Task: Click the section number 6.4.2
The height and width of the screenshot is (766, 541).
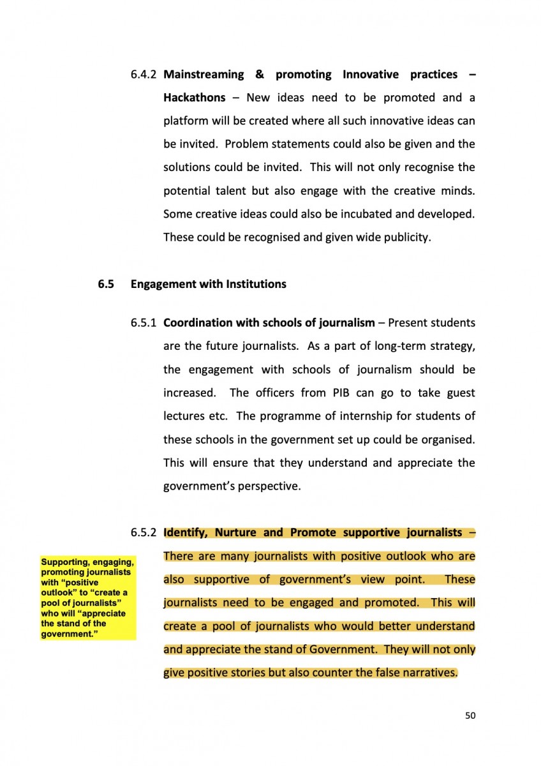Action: [x=144, y=75]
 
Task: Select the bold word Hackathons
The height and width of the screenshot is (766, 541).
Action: [x=194, y=98]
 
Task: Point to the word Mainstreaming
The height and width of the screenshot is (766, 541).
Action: [x=204, y=75]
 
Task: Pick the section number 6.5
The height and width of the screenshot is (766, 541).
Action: [x=105, y=284]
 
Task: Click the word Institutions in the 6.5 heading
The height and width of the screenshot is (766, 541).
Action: [x=256, y=284]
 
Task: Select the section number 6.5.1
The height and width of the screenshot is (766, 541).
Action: [x=144, y=323]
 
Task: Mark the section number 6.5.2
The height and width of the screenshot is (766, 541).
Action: [x=144, y=532]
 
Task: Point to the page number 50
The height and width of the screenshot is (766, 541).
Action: [x=470, y=716]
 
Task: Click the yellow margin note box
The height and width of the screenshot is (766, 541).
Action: [x=87, y=597]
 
